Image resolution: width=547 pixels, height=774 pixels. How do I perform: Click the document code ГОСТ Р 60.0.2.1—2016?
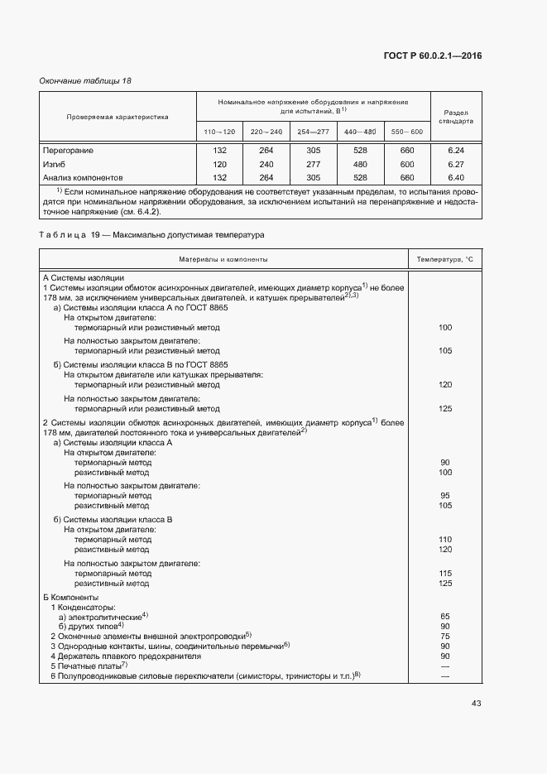coord(433,56)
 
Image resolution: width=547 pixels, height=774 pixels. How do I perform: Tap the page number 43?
coord(476,704)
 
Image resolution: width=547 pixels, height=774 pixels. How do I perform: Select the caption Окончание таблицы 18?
coord(86,80)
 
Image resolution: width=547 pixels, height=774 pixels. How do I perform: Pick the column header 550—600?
coord(406,132)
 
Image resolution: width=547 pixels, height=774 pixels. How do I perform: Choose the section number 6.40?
coord(455,177)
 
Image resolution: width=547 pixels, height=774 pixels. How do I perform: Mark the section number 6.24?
coord(455,151)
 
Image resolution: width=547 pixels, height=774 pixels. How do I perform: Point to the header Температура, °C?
coord(444,260)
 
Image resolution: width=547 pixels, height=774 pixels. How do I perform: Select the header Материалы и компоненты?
coord(223,260)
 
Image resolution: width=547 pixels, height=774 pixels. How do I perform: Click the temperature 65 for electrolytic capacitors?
coord(445,617)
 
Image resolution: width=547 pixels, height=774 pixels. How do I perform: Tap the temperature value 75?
coord(445,636)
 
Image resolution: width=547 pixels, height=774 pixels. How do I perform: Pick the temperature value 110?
coord(445,539)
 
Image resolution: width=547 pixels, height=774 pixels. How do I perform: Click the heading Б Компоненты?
coord(70,597)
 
